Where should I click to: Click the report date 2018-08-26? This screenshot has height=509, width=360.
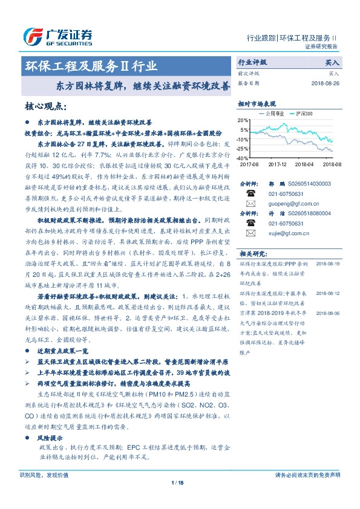point(326,83)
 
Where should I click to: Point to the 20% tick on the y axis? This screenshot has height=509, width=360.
point(243,120)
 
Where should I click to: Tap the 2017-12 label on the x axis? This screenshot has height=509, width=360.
point(277,164)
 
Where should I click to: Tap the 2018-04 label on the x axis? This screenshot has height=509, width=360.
point(304,164)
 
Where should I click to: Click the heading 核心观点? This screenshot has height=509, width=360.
point(45,106)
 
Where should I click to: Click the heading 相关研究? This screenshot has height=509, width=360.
point(253,253)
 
